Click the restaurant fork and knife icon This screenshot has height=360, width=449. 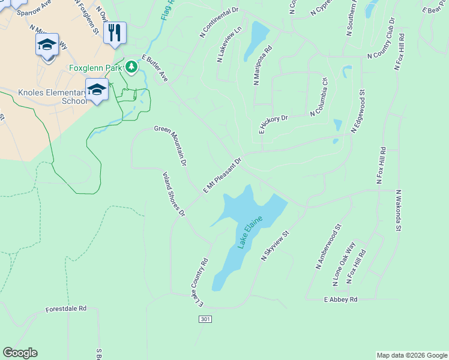[x=115, y=32]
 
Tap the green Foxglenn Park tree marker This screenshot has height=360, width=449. [x=131, y=67]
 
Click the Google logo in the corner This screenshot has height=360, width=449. [x=20, y=353]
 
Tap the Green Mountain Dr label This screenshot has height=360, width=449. [x=171, y=146]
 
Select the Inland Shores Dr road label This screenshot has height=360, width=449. [x=174, y=193]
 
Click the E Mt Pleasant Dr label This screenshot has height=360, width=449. [x=221, y=176]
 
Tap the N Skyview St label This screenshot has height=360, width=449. [x=276, y=245]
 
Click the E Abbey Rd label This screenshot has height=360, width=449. [x=340, y=299]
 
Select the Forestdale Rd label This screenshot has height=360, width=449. [x=66, y=309]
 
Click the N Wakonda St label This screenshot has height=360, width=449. [x=397, y=210]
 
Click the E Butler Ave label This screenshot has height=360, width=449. [x=155, y=68]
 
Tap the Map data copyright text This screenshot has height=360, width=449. [x=411, y=355]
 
